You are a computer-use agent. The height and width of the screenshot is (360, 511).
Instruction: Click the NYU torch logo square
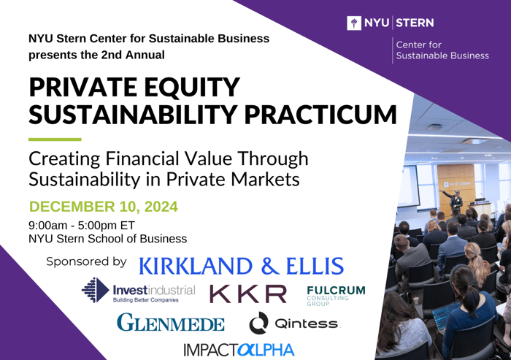354,23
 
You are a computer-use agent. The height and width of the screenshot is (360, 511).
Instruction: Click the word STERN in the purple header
415,23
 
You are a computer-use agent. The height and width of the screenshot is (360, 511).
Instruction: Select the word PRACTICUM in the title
320,114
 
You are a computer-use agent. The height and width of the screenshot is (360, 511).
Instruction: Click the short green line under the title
55,139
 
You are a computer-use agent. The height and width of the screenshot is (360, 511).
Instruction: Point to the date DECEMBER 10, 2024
104,207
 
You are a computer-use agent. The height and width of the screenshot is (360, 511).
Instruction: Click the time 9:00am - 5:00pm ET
82,226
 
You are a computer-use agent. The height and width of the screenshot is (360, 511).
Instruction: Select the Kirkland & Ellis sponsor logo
241,265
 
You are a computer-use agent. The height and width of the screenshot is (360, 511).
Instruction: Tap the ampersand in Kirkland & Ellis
270,265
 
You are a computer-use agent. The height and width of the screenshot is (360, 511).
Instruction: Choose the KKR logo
247,294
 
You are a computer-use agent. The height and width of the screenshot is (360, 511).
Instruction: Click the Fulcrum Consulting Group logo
336,296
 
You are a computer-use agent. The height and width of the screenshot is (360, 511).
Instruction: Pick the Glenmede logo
171,322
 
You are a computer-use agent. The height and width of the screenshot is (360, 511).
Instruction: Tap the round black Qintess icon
258,323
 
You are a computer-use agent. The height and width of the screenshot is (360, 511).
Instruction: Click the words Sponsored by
86,261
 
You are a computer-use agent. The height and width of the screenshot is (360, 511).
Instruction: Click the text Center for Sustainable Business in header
442,50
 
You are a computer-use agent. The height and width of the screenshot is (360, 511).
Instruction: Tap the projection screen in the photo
408,186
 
